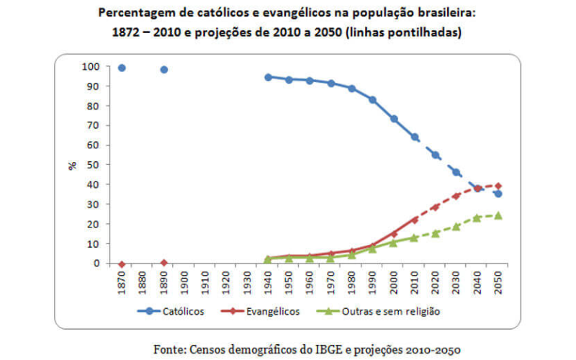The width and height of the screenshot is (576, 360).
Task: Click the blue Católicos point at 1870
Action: point(122,68)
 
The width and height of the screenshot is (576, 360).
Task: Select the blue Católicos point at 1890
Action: point(164,70)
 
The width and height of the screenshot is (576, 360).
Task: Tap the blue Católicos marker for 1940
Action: point(268,77)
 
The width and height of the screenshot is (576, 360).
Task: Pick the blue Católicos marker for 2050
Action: point(498,194)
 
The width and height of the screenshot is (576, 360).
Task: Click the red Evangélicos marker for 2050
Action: point(498,186)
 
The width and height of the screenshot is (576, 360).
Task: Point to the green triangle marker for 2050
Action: point(498,215)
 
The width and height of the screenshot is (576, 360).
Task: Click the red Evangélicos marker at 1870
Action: point(122,264)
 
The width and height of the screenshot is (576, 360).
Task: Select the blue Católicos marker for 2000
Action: point(393,119)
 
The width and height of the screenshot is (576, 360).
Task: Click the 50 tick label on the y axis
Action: point(92,165)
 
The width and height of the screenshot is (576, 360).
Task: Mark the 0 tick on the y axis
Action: point(95,264)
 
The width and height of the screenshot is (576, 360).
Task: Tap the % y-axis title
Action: point(72,165)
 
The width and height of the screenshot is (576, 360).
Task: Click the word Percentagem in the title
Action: point(135,13)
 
